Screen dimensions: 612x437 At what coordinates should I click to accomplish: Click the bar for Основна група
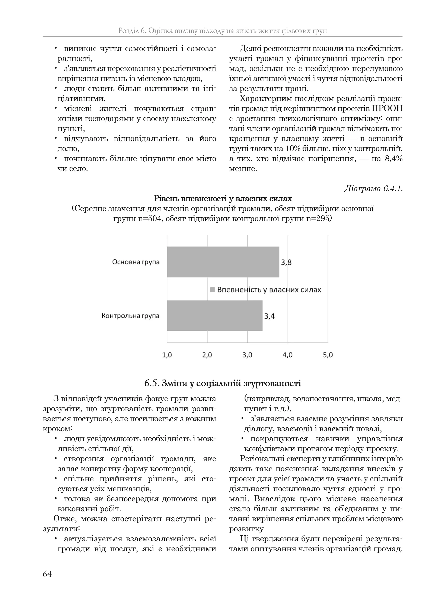coord(223,262)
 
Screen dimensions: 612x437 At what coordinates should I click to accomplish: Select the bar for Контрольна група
coord(214,315)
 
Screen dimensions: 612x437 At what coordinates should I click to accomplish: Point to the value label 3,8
coord(286,262)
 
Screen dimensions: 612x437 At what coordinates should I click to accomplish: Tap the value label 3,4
coord(269,316)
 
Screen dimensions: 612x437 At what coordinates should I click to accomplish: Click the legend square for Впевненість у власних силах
coord(212,290)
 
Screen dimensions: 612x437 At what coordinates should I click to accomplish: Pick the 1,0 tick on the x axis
coord(167,355)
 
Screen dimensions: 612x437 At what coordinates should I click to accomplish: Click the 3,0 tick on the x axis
coord(247,355)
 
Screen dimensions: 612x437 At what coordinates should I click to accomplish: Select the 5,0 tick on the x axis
coord(328,355)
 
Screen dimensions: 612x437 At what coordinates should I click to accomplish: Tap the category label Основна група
coord(136,262)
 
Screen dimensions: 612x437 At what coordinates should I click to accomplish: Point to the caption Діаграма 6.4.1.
coord(373,189)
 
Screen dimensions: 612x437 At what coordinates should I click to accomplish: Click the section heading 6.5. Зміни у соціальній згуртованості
coord(223,383)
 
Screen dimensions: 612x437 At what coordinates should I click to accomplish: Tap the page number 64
coord(47,574)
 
